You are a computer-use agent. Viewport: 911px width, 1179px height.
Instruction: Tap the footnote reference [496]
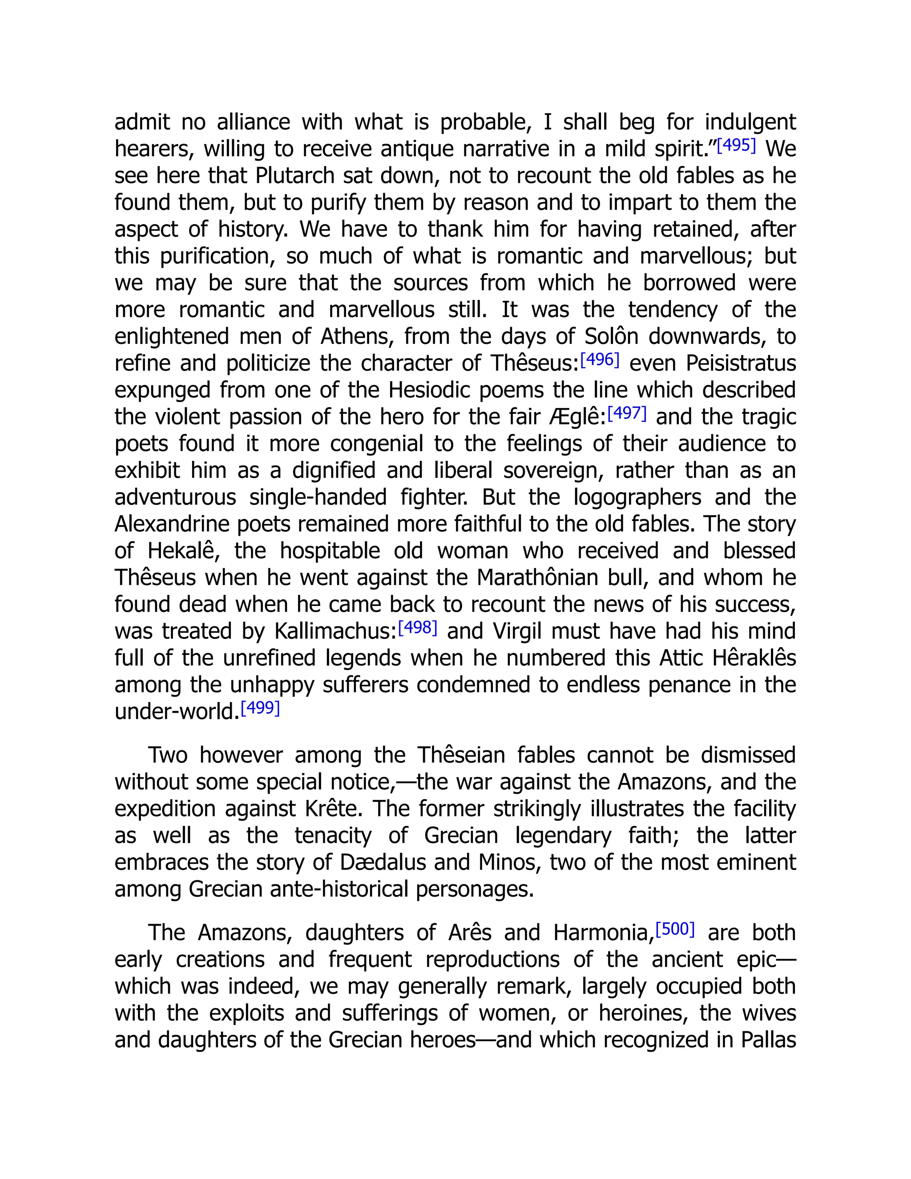click(x=600, y=359)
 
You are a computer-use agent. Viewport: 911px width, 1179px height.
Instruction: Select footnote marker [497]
click(x=627, y=413)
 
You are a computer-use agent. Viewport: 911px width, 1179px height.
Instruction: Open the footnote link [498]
click(x=417, y=628)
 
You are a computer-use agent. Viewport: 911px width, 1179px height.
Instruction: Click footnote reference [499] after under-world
click(x=260, y=708)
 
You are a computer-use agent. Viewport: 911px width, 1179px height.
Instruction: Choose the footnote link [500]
click(x=675, y=929)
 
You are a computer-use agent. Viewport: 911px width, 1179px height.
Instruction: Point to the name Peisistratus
click(x=741, y=363)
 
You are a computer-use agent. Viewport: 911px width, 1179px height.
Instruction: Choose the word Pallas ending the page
click(x=768, y=1040)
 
